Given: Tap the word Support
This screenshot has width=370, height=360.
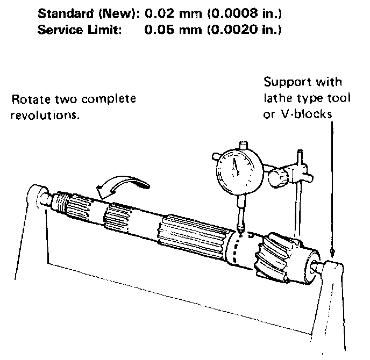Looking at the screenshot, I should pyautogui.click(x=285, y=82).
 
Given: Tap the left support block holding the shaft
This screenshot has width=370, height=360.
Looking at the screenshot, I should pyautogui.click(x=35, y=196).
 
